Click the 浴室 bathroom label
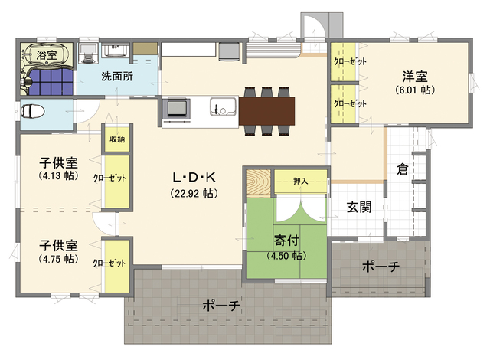coord(47,55)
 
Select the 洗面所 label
coord(117,77)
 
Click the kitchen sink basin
coord(223,106)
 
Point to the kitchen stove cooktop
coord(177,109)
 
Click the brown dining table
coord(266,111)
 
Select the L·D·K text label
coord(194,178)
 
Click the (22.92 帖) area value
coord(194,194)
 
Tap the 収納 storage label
coord(117,139)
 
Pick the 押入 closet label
coord(301,181)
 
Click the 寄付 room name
coord(286,241)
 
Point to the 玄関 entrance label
coord(359,207)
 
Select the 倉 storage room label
coord(403,169)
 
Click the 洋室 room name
coord(415,77)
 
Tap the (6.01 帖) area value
coord(415,90)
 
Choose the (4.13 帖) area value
coord(58,175)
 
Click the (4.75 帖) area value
coord(58,259)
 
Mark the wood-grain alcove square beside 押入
coord(258,183)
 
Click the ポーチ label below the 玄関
coord(381,267)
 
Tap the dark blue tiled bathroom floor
coord(51,82)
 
